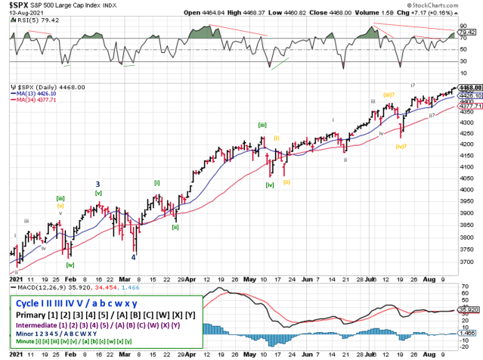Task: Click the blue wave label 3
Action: click(x=98, y=184)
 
